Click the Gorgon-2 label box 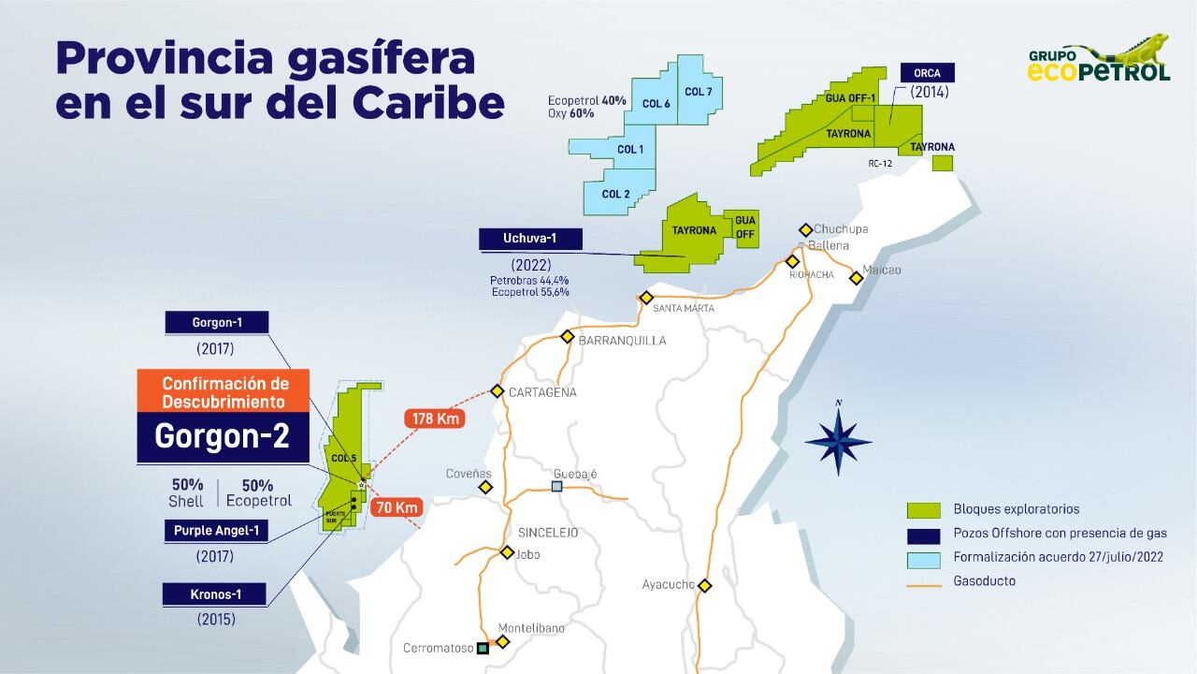click(223, 437)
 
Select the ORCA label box click(928, 73)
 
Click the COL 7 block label click(698, 92)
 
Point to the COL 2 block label click(615, 194)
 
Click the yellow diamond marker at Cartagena click(498, 391)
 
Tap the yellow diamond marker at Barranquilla click(567, 337)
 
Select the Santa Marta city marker click(645, 299)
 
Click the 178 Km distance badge click(435, 418)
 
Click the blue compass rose click(838, 442)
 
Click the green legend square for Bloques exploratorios click(923, 510)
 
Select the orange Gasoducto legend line click(923, 581)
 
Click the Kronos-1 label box click(215, 593)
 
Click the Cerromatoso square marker click(483, 648)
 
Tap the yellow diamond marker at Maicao click(856, 277)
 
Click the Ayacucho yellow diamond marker click(705, 586)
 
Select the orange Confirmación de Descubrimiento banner click(225, 392)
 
